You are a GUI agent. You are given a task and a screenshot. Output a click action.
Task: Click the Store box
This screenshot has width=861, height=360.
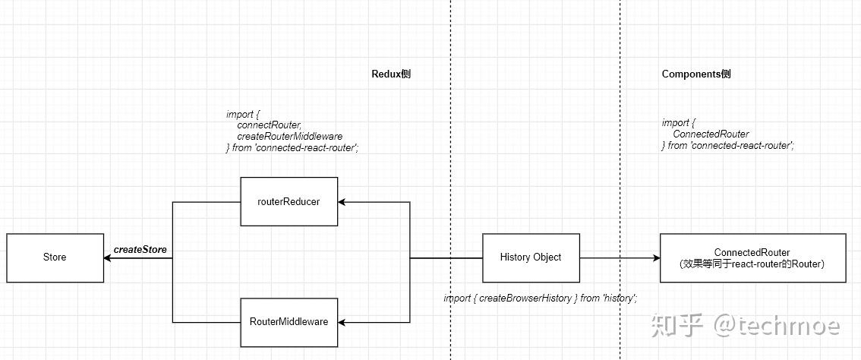55,257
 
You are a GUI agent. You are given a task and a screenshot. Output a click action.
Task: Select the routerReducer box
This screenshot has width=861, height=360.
289,202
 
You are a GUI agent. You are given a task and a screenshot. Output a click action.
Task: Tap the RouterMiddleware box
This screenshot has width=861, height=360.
289,322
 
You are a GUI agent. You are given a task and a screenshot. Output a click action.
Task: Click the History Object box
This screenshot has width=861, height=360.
531,257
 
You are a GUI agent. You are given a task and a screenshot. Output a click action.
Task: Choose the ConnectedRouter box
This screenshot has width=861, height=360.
752,257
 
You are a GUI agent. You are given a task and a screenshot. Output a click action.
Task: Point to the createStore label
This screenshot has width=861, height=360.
140,249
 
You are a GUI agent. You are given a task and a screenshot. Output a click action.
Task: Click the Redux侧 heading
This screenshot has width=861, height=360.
391,74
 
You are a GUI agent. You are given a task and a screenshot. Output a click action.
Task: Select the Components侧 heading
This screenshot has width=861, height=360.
696,74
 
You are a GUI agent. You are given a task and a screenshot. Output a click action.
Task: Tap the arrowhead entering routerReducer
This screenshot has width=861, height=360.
342,202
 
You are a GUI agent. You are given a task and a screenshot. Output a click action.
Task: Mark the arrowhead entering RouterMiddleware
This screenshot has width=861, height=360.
342,322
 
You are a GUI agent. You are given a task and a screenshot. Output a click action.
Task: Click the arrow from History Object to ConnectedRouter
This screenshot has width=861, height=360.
620,258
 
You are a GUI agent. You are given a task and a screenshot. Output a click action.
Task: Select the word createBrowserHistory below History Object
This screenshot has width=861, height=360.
525,298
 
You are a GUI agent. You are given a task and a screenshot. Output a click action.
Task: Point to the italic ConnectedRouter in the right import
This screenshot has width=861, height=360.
705,134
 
